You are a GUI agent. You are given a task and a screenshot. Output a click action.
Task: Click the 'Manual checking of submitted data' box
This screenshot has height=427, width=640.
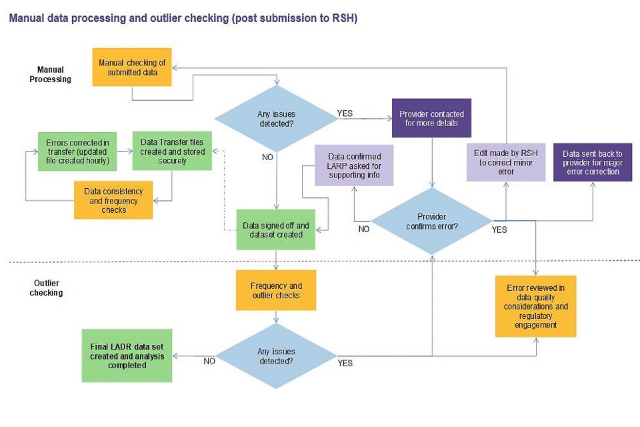pyautogui.click(x=132, y=67)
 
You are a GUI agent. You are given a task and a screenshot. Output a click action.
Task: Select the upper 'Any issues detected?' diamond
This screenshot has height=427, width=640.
pyautogui.click(x=276, y=119)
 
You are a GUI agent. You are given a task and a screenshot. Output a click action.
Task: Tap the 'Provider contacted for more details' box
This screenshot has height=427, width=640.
pyautogui.click(x=431, y=119)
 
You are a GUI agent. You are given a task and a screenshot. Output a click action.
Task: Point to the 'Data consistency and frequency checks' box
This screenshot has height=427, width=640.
pyautogui.click(x=113, y=200)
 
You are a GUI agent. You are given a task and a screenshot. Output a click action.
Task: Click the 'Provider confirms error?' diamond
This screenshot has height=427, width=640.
pyautogui.click(x=431, y=221)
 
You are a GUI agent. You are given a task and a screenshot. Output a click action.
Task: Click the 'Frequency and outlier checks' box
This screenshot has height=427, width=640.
pyautogui.click(x=276, y=291)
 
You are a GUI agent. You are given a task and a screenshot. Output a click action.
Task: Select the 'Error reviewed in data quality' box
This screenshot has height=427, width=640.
pyautogui.click(x=536, y=306)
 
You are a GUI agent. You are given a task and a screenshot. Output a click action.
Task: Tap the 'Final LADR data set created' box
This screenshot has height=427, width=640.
pyautogui.click(x=127, y=356)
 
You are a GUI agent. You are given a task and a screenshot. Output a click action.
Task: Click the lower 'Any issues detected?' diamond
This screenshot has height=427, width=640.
pyautogui.click(x=276, y=356)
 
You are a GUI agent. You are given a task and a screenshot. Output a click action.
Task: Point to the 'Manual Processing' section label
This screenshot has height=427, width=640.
pyautogui.click(x=50, y=73)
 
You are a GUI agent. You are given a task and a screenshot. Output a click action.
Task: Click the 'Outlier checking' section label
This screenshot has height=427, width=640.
pyautogui.click(x=46, y=288)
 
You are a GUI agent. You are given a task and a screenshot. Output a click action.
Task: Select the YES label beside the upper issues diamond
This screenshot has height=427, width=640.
pyautogui.click(x=345, y=113)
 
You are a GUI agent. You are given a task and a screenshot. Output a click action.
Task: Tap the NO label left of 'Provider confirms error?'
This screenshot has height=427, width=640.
pyautogui.click(x=364, y=228)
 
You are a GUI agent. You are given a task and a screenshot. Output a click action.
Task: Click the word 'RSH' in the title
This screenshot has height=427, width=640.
pyautogui.click(x=341, y=19)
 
